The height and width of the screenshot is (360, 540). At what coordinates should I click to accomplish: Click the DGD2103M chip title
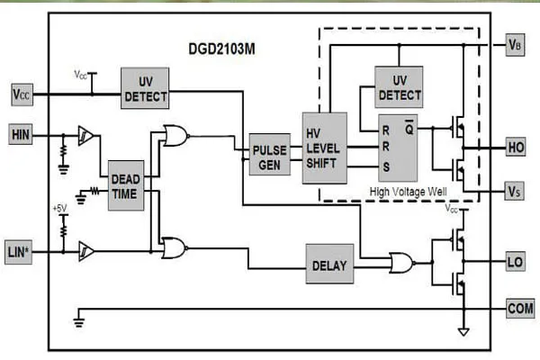pos(221,49)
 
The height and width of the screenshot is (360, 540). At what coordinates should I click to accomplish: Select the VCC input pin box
pos(22,94)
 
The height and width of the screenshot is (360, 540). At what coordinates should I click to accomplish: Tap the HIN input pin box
pos(21,135)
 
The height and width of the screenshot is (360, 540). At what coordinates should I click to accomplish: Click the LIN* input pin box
pos(19,252)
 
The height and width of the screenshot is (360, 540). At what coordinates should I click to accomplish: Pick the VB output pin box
pos(515,45)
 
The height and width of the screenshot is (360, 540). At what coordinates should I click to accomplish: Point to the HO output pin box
pos(516,147)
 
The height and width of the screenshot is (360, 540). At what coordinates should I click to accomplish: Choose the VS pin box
pos(514,191)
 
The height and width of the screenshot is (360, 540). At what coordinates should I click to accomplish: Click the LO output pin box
pos(515,262)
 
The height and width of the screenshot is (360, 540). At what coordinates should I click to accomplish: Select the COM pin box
pos(520,309)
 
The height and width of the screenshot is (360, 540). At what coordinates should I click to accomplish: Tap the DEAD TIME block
pos(126,185)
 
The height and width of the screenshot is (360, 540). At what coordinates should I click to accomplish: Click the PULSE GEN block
pos(270,155)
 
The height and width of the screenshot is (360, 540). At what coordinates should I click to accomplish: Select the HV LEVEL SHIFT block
pos(324,148)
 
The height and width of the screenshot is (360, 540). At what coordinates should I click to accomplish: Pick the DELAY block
pos(329,265)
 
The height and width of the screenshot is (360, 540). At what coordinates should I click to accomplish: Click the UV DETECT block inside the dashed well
pos(399,87)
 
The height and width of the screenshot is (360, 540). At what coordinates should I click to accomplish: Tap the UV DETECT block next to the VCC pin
pos(145,88)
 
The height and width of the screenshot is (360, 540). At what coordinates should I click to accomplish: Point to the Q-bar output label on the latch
pos(409,128)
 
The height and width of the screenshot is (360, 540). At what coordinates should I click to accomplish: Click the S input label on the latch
pos(386,167)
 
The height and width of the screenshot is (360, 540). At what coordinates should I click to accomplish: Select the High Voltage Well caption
pos(408,191)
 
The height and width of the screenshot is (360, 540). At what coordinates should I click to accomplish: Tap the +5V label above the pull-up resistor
pos(59,209)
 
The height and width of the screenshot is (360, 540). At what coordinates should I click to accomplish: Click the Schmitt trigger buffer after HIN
pos(85,135)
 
